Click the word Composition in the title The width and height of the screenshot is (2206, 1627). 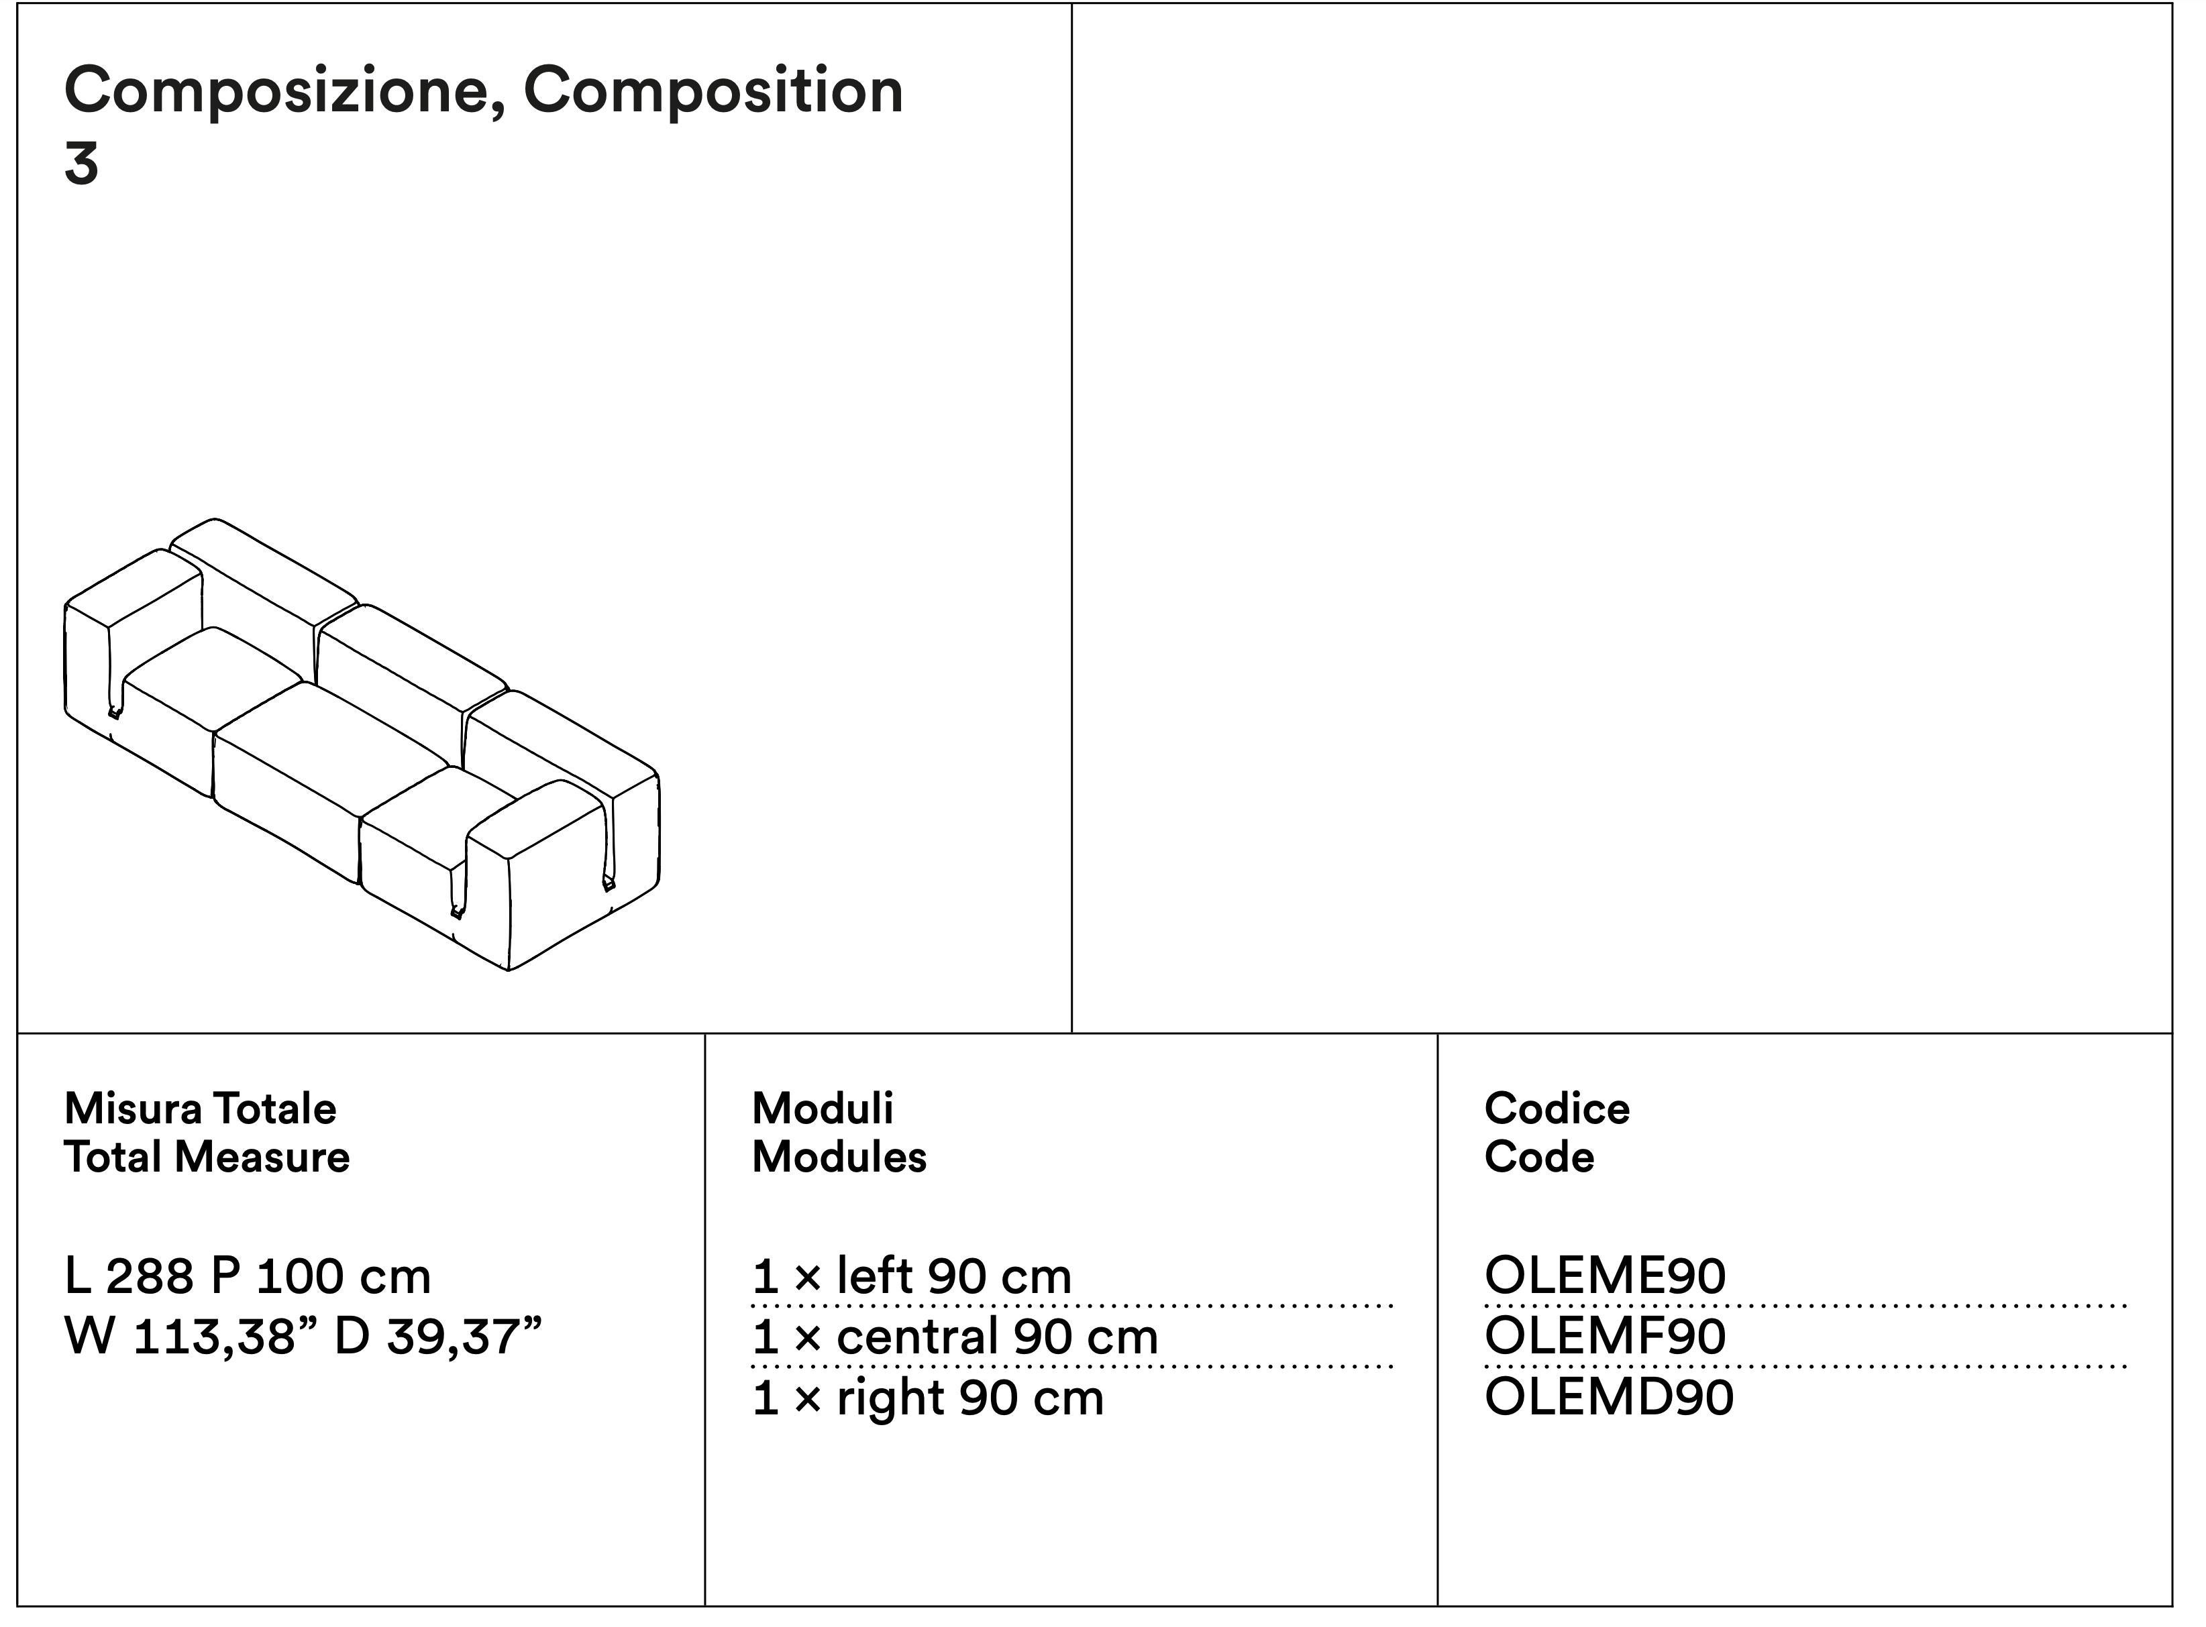point(713,91)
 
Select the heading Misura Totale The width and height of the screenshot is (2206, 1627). point(200,1109)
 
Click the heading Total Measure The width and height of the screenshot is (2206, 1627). point(206,1158)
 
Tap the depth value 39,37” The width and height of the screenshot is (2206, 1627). point(464,1337)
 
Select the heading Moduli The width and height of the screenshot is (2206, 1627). point(822,1109)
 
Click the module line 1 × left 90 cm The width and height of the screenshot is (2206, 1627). point(911,1278)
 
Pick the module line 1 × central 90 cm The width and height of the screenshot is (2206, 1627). point(955,1337)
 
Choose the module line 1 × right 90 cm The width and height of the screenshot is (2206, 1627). point(927,1398)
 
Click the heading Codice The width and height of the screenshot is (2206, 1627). point(1557,1109)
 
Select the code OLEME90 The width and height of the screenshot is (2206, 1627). point(1605,1278)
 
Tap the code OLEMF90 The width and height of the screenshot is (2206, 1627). point(1605,1337)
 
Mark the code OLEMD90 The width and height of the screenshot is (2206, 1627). point(1609,1398)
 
